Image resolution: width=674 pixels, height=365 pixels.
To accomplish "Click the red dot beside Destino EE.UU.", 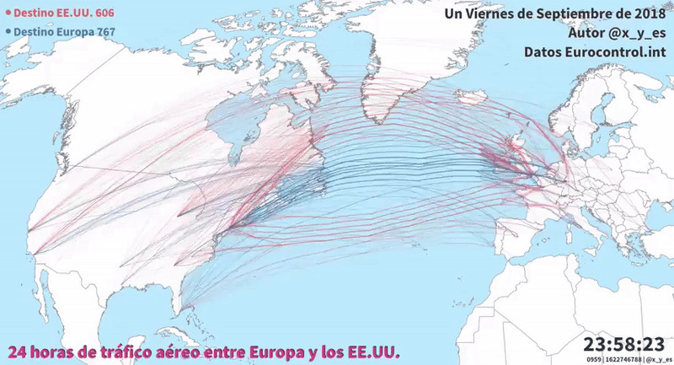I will pyautogui.click(x=8, y=14).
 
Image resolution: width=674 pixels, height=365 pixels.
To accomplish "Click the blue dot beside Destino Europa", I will pyautogui.click(x=8, y=32).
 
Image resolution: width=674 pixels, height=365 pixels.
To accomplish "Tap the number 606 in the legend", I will pyautogui.click(x=104, y=14).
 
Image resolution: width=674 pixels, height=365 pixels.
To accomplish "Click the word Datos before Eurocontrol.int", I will pyautogui.click(x=544, y=52).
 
